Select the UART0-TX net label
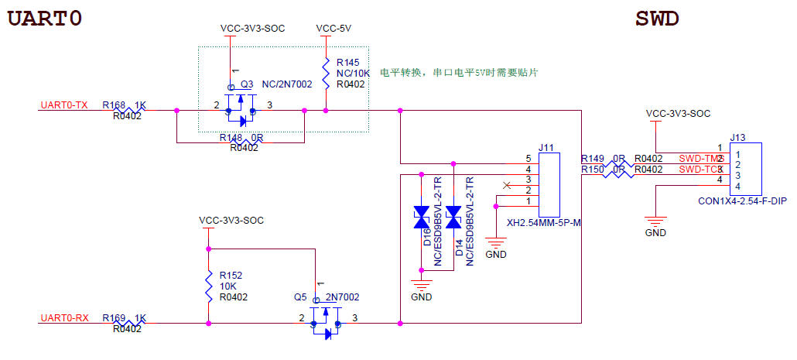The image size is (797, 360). pyautogui.click(x=64, y=105)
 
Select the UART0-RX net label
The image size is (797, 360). pyautogui.click(x=64, y=318)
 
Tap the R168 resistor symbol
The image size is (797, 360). pyautogui.click(x=127, y=111)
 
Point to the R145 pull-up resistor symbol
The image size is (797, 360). pyautogui.click(x=327, y=74)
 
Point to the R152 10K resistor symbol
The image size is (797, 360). pyautogui.click(x=209, y=286)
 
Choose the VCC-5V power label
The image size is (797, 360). pyautogui.click(x=334, y=29)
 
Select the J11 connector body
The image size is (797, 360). pyautogui.click(x=549, y=185)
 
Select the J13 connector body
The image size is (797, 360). pyautogui.click(x=747, y=168)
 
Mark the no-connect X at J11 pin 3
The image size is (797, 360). pyautogui.click(x=507, y=185)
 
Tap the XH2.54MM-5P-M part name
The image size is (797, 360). pyautogui.click(x=542, y=224)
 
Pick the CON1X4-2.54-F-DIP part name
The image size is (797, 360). pyautogui.click(x=742, y=201)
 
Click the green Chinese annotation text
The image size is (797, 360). pyautogui.click(x=459, y=73)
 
